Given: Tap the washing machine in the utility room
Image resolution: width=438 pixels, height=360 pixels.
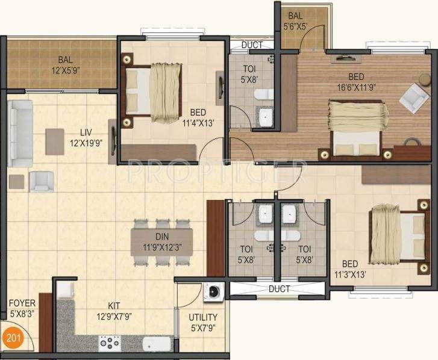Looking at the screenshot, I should pos(213,292).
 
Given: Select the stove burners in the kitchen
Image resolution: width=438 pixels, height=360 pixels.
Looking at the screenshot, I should pos(110,343).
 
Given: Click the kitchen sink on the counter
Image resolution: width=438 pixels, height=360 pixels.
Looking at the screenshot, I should pos(152,344).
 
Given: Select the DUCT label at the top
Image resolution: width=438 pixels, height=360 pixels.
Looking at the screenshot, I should pos(251,45).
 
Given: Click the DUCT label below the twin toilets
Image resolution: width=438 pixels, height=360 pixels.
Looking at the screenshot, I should pos(279,289).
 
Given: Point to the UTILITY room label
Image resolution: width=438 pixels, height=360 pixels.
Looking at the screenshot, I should pos(203,317).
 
